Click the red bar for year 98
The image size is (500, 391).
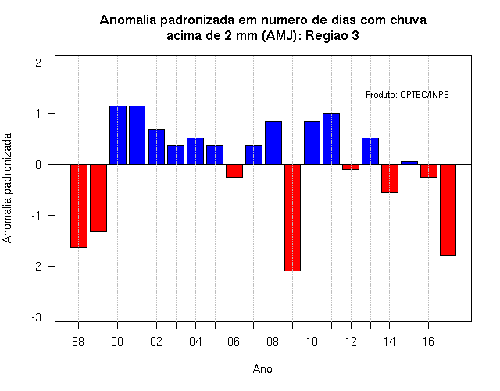click(79, 206)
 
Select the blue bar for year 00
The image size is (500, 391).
click(118, 135)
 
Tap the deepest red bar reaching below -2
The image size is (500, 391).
click(292, 217)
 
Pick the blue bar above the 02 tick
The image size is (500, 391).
click(156, 147)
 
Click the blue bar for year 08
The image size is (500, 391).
click(273, 143)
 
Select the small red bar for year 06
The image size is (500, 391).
click(234, 170)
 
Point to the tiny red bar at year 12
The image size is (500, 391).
click(351, 167)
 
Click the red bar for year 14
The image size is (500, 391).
click(390, 179)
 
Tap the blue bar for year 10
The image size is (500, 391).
click(312, 143)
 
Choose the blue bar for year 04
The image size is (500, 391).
click(195, 151)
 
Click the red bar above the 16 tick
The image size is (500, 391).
click(429, 170)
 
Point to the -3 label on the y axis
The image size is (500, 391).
click(37, 317)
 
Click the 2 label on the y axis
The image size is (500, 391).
click(38, 63)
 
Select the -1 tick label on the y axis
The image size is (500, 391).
click(37, 216)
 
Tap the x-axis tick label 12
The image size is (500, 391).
click(351, 342)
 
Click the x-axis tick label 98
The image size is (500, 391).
click(78, 342)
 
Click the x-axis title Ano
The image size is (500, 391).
click(262, 369)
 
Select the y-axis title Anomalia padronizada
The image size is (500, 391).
click(7, 188)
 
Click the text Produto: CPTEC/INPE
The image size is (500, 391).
click(407, 95)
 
